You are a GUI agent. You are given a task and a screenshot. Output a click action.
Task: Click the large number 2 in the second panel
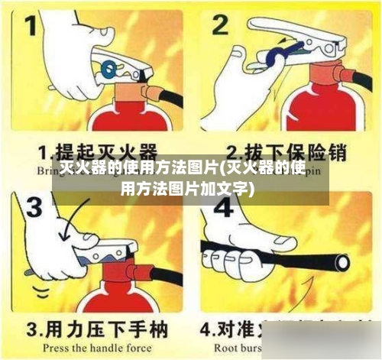click(x=221, y=28)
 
